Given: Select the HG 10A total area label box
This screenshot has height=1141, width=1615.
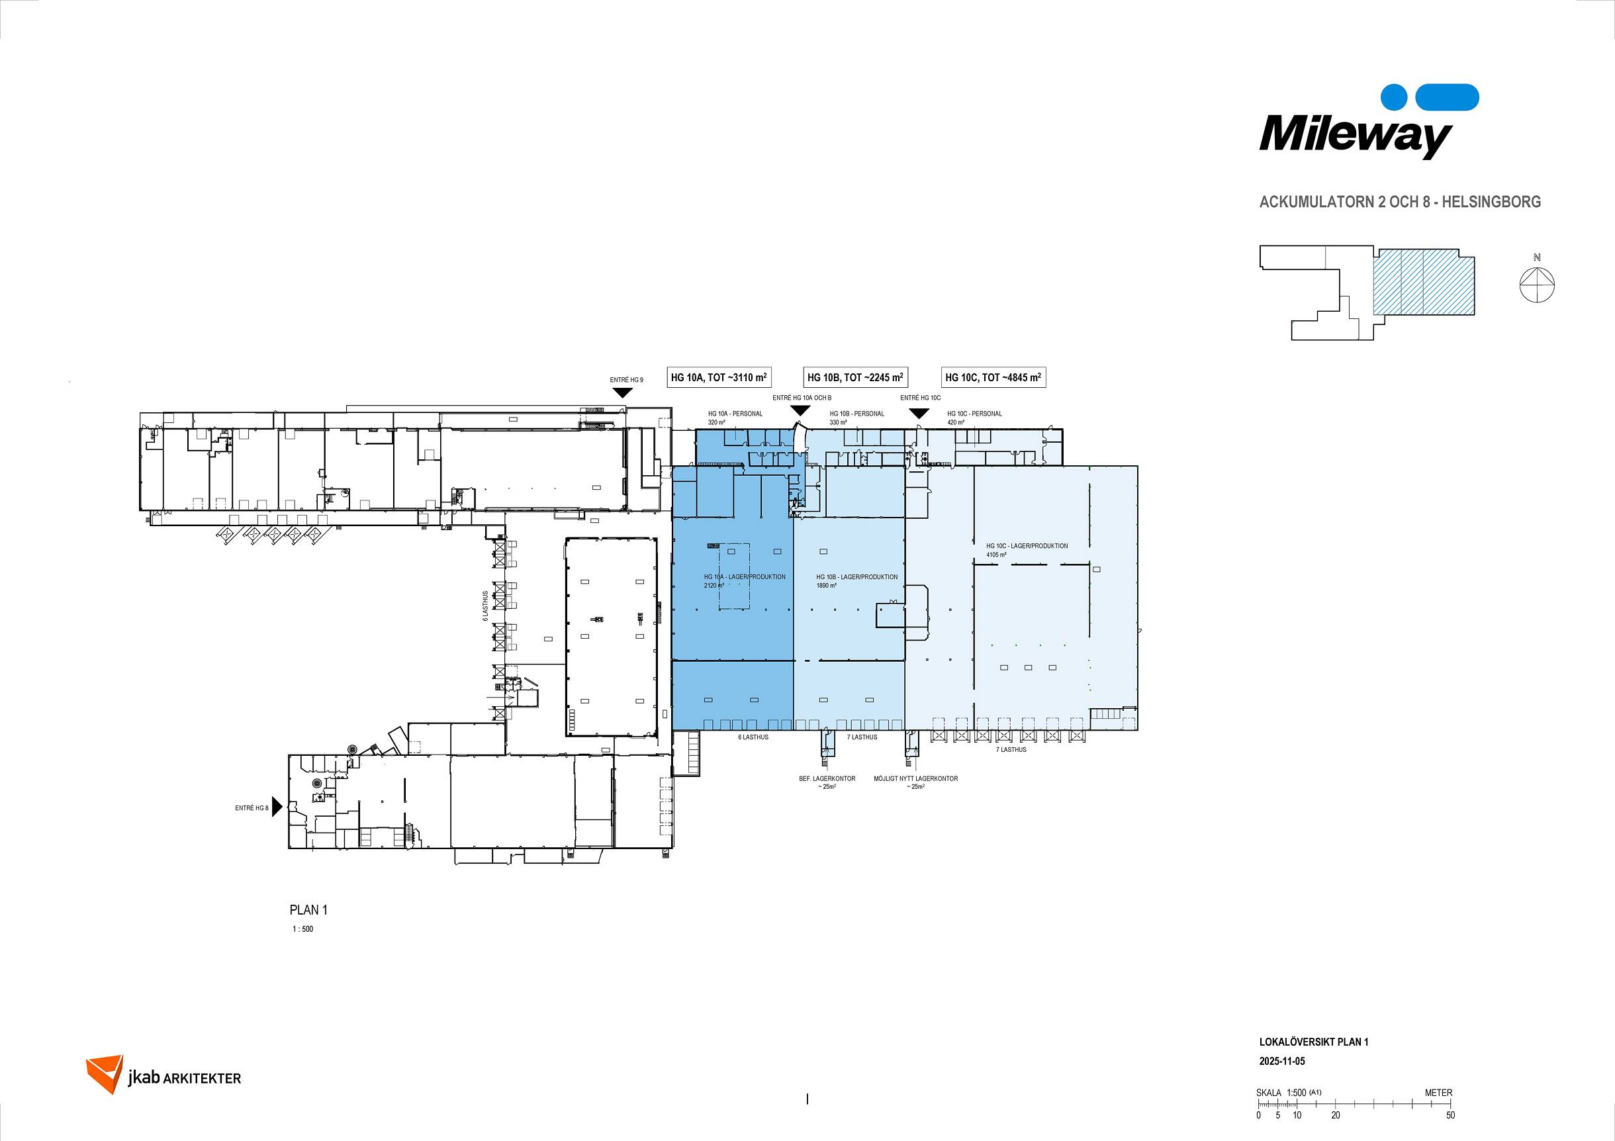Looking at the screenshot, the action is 718,378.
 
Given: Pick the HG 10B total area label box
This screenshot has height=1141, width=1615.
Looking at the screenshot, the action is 855,378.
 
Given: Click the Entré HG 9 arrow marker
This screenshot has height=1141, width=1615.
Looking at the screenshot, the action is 621,392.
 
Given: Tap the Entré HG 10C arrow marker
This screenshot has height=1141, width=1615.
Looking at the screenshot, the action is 919,414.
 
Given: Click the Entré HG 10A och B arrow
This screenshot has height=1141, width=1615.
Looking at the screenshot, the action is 800,410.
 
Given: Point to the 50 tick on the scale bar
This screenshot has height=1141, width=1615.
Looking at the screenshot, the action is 1450,1115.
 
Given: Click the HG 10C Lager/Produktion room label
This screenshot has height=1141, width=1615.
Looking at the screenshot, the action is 1027,546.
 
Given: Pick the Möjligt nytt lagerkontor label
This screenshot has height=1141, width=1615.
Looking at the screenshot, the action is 916,779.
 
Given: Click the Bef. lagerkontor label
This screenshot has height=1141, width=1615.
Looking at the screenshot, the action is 827,779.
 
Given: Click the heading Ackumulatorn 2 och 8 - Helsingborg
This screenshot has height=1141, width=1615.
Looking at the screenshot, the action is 1400,202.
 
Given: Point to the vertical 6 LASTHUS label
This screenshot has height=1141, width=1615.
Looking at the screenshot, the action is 485,606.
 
